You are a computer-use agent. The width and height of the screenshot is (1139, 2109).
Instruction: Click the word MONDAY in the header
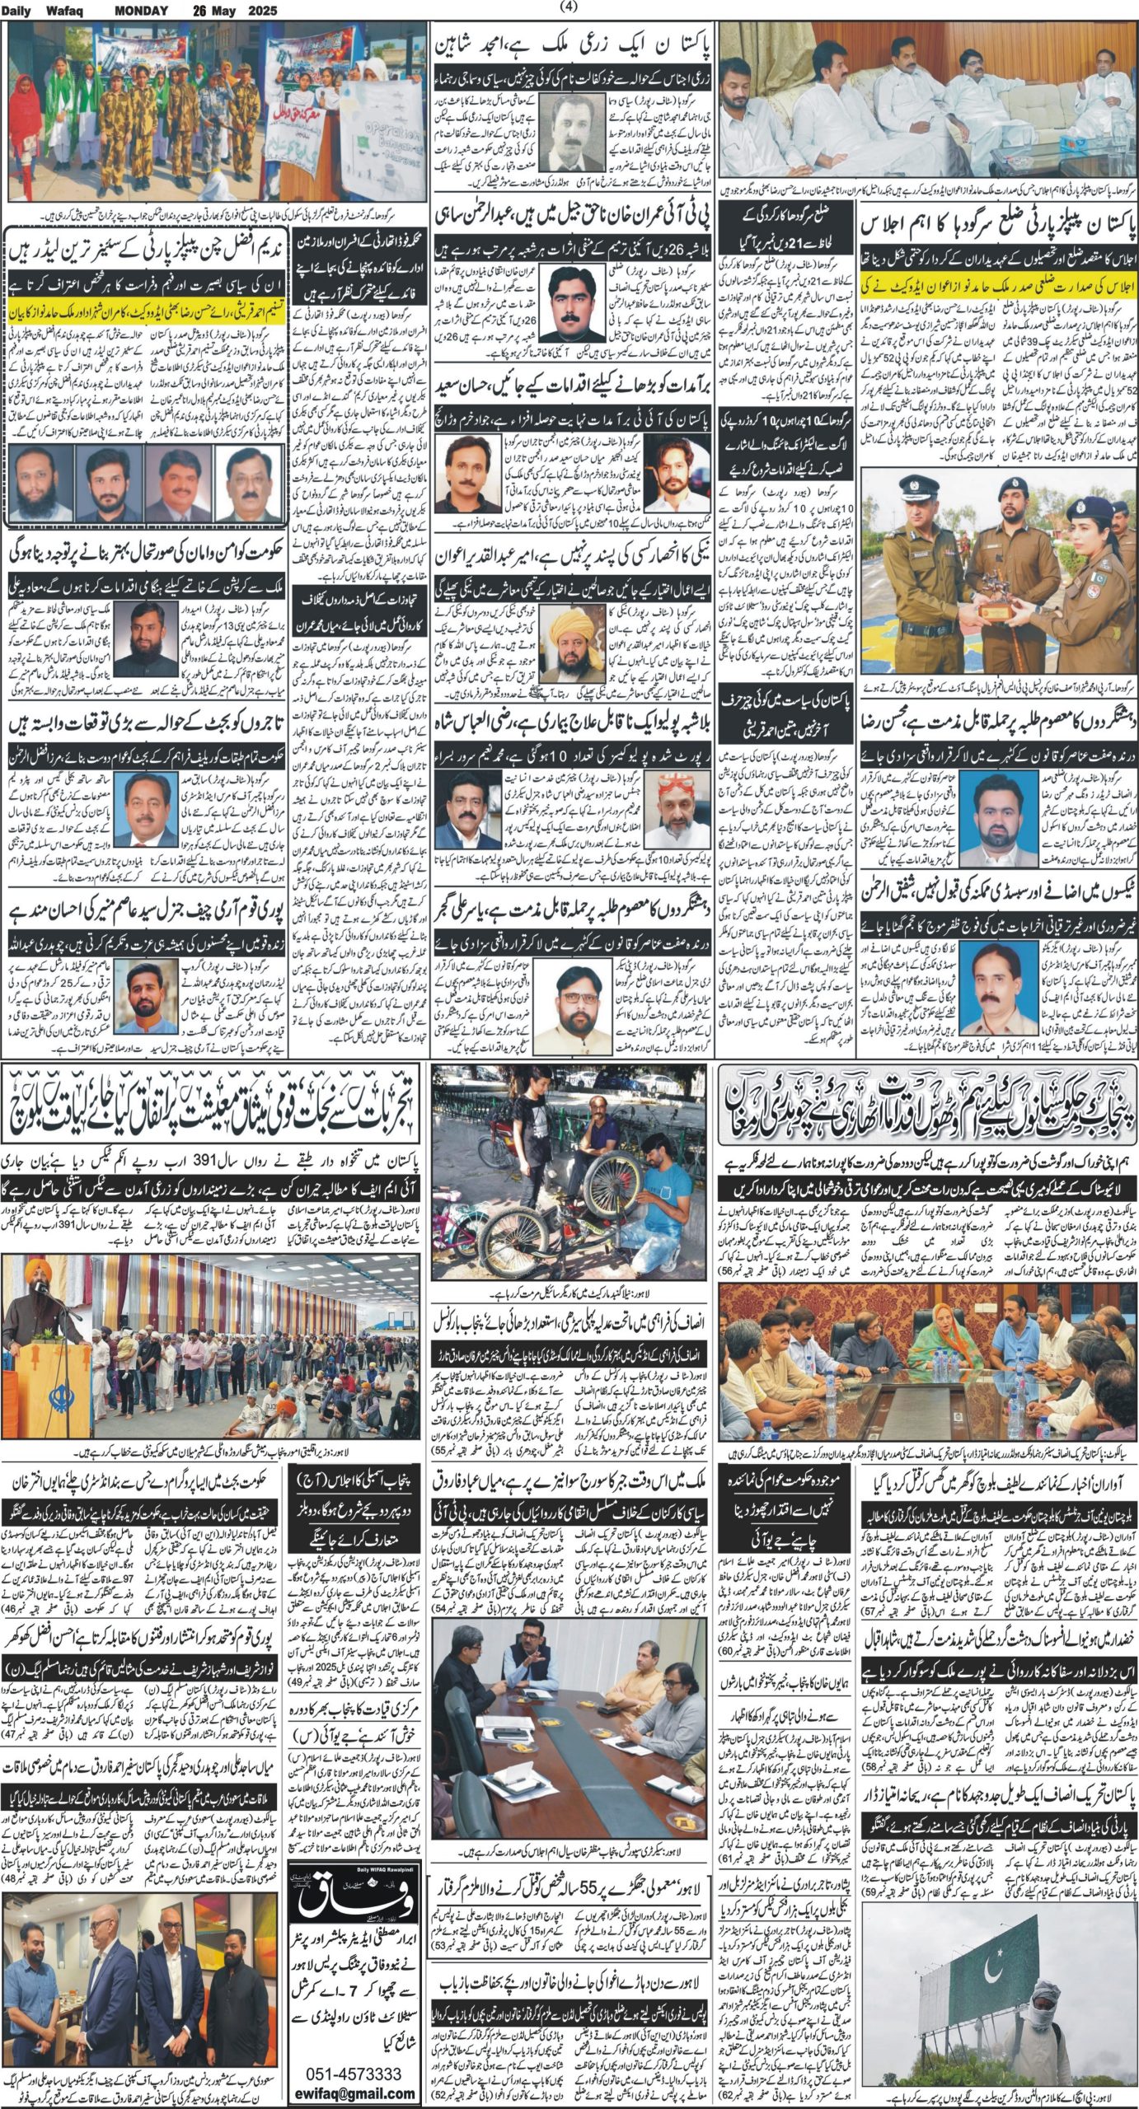point(141,11)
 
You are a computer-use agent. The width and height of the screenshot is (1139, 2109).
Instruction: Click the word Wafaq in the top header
point(76,11)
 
